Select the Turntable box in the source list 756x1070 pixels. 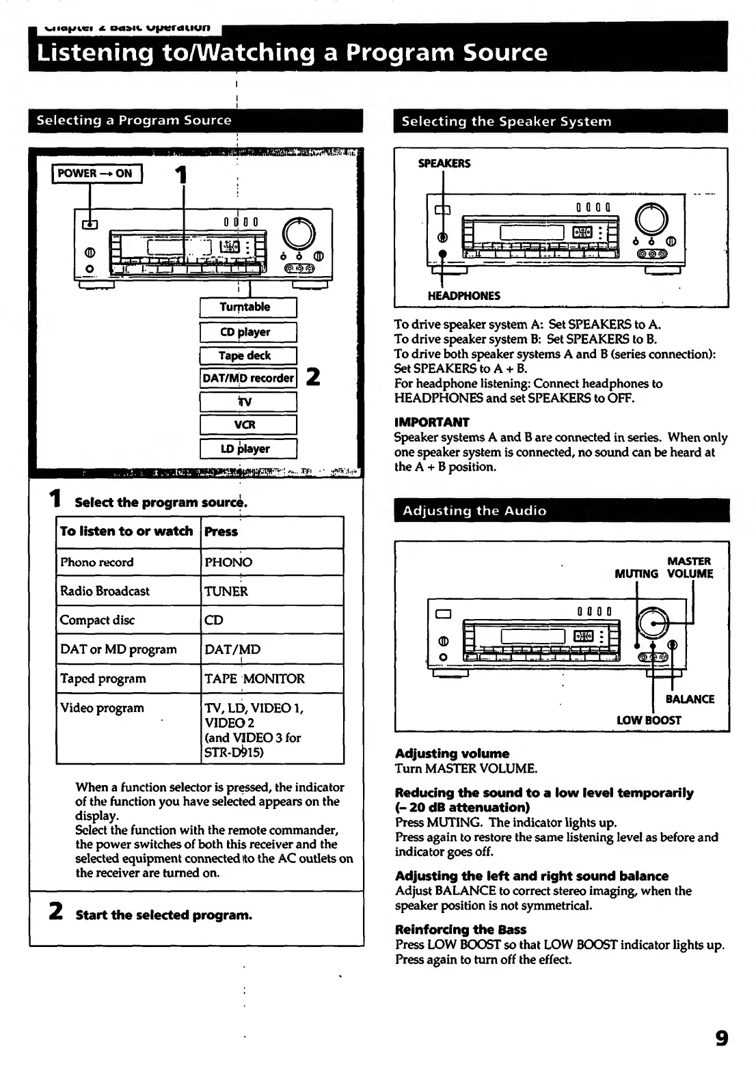point(247,307)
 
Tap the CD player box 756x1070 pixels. point(247,332)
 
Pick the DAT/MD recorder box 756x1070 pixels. point(248,378)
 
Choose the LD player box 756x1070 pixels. point(247,449)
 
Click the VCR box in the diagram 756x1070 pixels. point(247,424)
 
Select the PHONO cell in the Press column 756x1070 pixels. point(228,562)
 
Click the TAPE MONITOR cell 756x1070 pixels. point(254,678)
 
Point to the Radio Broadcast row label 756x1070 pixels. point(105,591)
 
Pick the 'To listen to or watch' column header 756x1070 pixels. point(126,532)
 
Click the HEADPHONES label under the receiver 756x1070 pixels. point(463,296)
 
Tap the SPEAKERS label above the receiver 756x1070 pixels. point(444,163)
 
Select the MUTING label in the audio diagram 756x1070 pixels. point(636,574)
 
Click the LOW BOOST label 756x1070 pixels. point(649,720)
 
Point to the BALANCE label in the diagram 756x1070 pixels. point(690,699)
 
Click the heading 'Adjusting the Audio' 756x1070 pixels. point(474,510)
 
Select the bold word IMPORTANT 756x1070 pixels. point(431,422)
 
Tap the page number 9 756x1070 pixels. point(721,1039)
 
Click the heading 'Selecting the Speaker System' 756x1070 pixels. point(506,122)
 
